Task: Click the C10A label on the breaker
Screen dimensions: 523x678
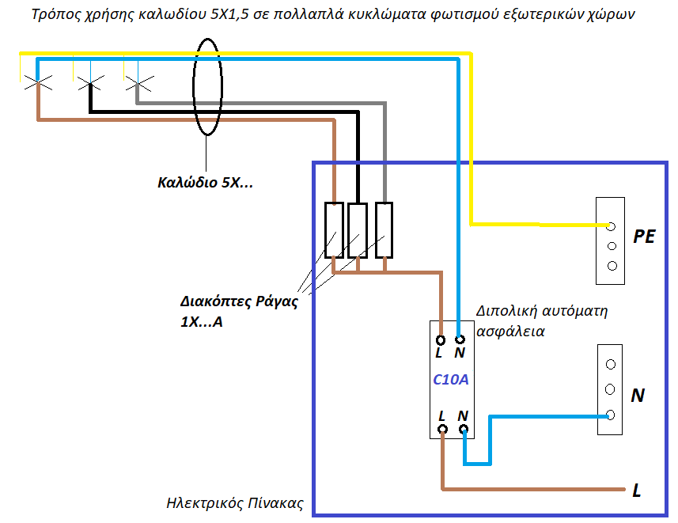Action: pos(451,379)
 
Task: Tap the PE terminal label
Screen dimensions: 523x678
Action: pos(645,237)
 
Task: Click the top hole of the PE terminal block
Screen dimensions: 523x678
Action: pos(611,225)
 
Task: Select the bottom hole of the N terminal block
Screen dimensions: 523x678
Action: pos(611,415)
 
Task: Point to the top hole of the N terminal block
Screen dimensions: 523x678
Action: pos(611,365)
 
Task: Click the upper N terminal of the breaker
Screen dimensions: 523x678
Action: pos(459,338)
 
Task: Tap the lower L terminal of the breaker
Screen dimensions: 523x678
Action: pos(442,429)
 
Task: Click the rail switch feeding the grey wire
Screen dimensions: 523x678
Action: pos(384,229)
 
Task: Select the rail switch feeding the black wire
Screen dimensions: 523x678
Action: pos(358,229)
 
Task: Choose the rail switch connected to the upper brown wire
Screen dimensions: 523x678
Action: pos(334,229)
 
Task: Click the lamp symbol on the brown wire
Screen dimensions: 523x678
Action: pos(38,81)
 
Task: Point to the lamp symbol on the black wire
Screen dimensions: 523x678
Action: pos(89,81)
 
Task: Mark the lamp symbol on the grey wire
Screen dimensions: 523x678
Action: pos(138,81)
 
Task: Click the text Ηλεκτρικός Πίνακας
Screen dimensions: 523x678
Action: pos(235,503)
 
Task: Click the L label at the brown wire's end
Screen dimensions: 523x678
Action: pos(636,491)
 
